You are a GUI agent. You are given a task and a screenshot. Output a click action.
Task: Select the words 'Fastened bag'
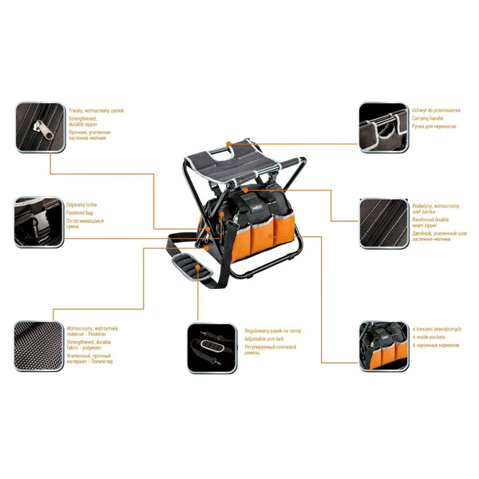coord(81,213)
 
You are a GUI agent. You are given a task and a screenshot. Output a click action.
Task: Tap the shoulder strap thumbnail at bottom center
coord(212,346)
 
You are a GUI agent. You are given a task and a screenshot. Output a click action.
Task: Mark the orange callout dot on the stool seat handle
coord(230,144)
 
